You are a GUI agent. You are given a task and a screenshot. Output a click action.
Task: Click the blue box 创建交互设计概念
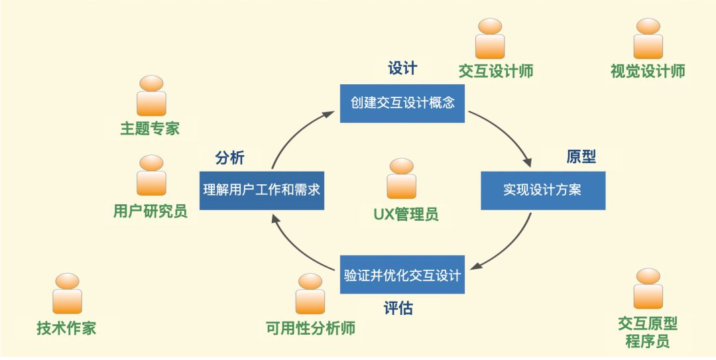(402, 103)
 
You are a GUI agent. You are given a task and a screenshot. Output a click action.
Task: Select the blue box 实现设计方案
(542, 190)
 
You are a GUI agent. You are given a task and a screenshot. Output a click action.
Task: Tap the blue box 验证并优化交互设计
(402, 274)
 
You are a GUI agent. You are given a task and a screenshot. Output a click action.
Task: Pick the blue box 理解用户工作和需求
(262, 190)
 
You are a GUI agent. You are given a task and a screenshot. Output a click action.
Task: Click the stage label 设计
(402, 68)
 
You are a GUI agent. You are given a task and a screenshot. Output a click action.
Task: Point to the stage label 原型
(581, 156)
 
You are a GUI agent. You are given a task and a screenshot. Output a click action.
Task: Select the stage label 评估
(398, 308)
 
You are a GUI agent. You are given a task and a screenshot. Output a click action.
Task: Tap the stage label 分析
(230, 158)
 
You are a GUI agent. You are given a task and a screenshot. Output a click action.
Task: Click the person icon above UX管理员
(402, 178)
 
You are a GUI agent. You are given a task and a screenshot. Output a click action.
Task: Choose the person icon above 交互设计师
(490, 38)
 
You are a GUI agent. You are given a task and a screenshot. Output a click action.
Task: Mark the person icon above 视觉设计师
(648, 38)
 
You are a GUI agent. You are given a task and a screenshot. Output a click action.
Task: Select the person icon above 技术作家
(67, 293)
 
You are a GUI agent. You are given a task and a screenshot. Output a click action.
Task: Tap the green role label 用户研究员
(150, 211)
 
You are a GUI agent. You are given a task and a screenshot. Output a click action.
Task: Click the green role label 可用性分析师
(310, 328)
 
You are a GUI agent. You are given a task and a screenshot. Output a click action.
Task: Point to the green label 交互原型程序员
(648, 332)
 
